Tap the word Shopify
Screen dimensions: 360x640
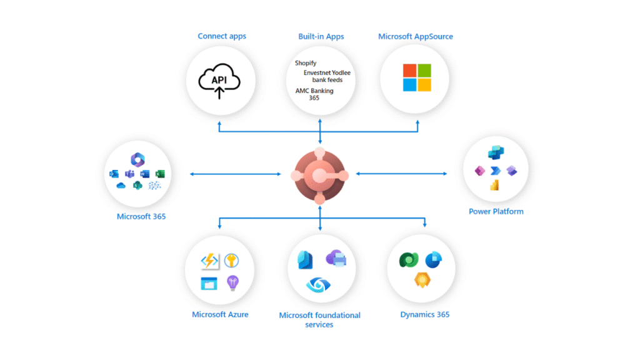306,63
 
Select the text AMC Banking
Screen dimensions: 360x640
314,91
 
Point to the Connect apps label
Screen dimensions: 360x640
222,36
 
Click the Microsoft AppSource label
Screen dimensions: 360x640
416,36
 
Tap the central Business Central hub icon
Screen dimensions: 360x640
319,176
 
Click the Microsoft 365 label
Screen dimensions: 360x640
141,217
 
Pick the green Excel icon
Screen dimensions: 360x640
159,174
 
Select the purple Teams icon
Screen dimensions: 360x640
129,174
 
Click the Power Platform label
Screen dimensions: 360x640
496,211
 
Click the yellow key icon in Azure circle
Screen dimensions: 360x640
231,261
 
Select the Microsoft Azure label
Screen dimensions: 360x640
220,314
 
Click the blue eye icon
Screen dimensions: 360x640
319,285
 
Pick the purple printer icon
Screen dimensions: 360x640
336,259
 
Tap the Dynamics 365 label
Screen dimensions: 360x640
425,314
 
